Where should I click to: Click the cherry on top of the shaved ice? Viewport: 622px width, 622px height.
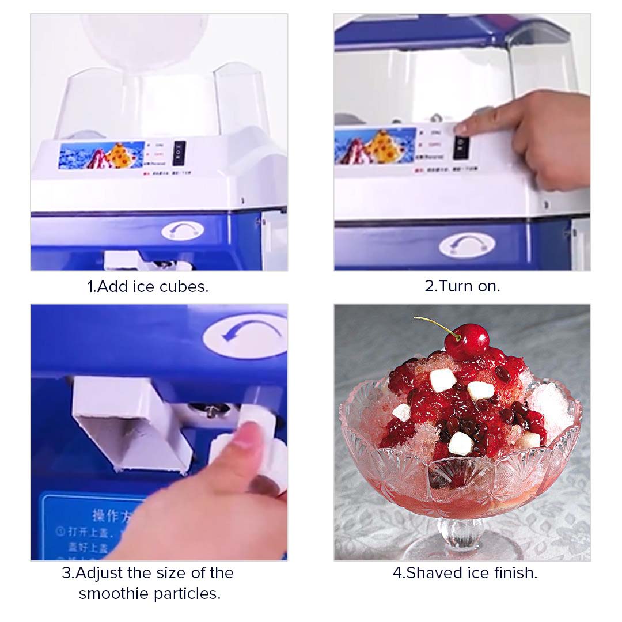tap(467, 340)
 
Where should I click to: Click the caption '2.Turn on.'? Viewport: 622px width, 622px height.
tap(462, 286)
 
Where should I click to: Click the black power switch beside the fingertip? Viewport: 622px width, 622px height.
tap(461, 147)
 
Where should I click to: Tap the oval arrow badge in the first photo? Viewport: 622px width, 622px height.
tap(183, 231)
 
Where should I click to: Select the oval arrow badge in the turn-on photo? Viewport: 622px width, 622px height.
tap(466, 245)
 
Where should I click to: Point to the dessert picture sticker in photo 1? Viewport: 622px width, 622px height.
tap(101, 155)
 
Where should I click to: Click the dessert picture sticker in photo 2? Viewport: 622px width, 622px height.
tap(374, 146)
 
